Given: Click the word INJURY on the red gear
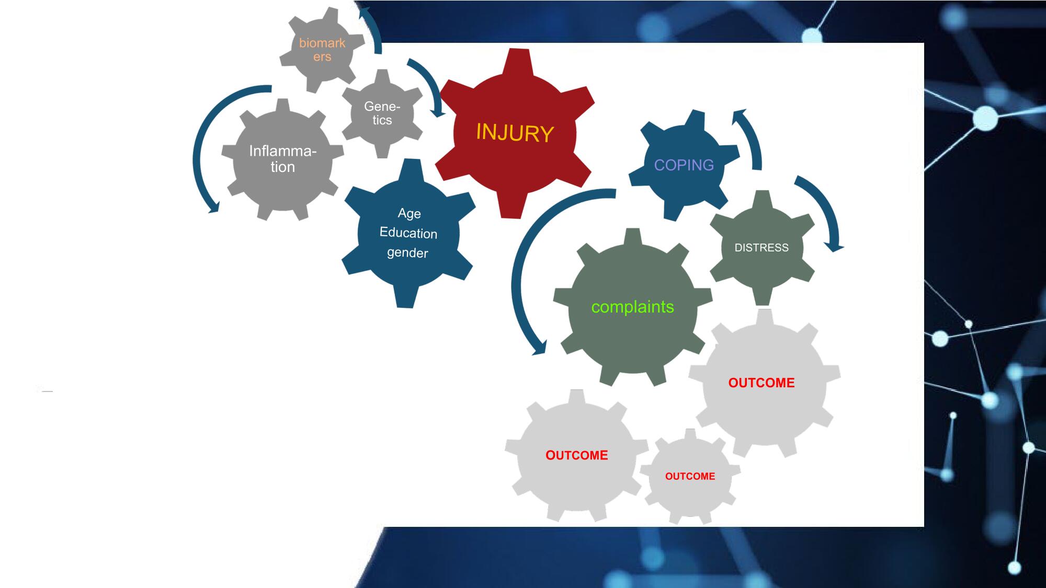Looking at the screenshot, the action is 515,133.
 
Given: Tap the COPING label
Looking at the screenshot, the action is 684,165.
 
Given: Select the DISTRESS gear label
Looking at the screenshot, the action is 761,248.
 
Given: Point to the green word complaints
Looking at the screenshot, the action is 632,307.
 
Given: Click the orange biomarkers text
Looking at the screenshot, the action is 322,50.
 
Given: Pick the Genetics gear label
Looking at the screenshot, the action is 382,113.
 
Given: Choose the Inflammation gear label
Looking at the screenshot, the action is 282,159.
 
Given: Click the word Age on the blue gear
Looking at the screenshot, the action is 409,213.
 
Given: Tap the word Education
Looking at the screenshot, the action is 408,233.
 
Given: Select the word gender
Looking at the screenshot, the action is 407,253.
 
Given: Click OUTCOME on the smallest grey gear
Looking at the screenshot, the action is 690,476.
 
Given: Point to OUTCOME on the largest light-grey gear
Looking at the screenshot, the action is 761,383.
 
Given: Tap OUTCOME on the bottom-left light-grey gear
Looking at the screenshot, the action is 577,455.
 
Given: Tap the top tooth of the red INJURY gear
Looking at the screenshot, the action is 516,62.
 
